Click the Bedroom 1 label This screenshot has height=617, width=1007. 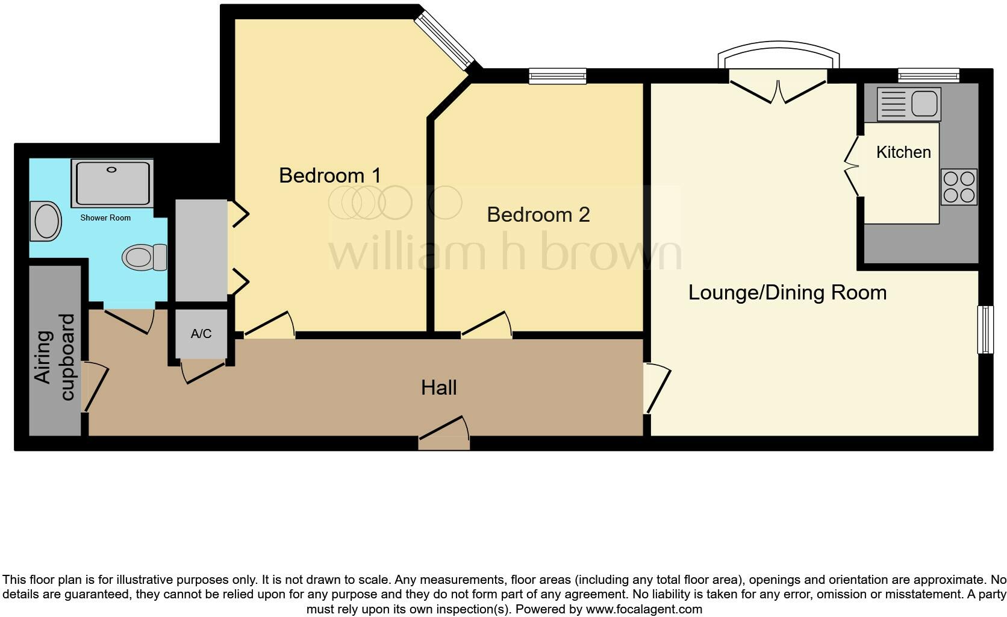tap(330, 175)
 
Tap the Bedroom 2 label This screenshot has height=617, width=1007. tap(538, 215)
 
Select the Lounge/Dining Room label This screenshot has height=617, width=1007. tap(787, 292)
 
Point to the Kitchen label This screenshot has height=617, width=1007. tap(903, 152)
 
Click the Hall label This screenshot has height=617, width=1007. tap(438, 387)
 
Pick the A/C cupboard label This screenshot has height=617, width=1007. tap(201, 334)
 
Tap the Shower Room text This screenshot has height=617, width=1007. tap(105, 218)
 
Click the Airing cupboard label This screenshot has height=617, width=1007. tap(54, 357)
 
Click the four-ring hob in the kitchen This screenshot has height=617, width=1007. tap(959, 187)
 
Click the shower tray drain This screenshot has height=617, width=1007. tap(111, 170)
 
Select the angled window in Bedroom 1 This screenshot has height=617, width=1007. tap(446, 39)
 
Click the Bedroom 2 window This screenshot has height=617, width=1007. tap(558, 76)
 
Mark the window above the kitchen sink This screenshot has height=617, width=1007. tap(929, 75)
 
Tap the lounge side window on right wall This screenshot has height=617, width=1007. tap(985, 329)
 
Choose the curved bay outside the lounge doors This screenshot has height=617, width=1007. tap(779, 53)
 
